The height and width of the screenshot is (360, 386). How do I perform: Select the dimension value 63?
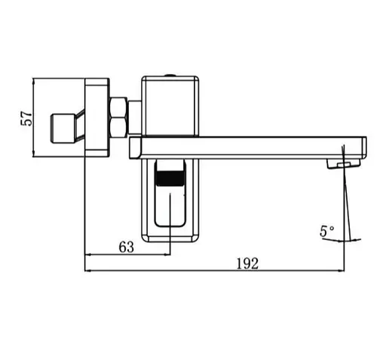126,247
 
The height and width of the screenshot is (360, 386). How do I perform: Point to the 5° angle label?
327,232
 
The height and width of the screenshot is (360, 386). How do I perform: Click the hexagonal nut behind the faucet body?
119,118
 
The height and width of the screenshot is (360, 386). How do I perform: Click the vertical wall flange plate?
96,118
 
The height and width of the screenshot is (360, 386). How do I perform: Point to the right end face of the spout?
363,147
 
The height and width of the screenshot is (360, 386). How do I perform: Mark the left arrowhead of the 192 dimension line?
89,270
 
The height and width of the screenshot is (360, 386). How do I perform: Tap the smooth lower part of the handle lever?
170,208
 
